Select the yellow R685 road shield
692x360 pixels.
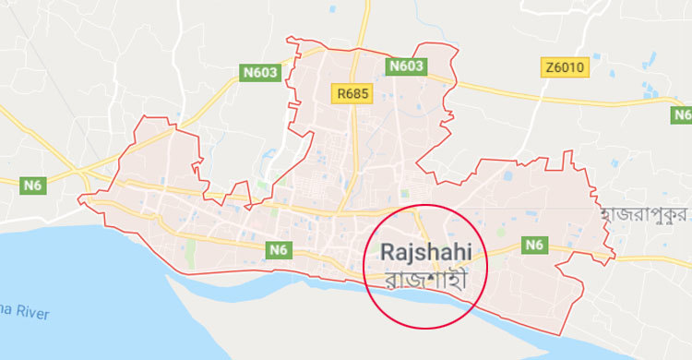click(352, 93)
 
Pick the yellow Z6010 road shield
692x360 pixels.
click(565, 68)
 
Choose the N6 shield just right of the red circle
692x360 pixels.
click(534, 245)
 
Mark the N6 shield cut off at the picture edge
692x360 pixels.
click(682, 114)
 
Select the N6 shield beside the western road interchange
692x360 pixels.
click(33, 186)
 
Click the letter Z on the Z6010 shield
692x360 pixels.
click(550, 68)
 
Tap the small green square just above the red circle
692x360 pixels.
click(404, 194)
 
